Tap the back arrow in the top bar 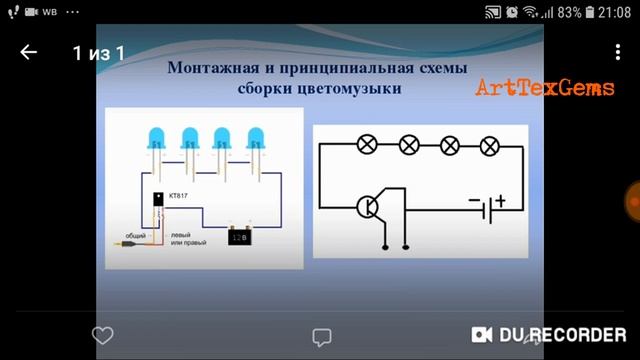pos(28,53)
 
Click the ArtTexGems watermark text pos(544,88)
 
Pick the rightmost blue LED pos(256,139)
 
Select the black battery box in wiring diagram pos(239,239)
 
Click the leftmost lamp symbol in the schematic pos(367,146)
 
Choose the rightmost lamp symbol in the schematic pos(489,146)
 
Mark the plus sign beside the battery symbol pos(499,201)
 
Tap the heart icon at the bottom pos(102,335)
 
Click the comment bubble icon pos(321,336)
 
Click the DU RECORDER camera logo pos(483,334)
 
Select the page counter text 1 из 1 pos(98,53)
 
